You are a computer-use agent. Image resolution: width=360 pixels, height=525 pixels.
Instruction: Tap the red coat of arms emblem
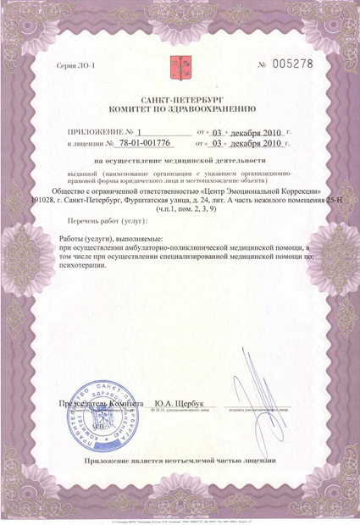(x=180, y=65)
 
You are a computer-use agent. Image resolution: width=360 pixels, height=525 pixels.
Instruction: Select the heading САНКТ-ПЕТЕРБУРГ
(x=180, y=100)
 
